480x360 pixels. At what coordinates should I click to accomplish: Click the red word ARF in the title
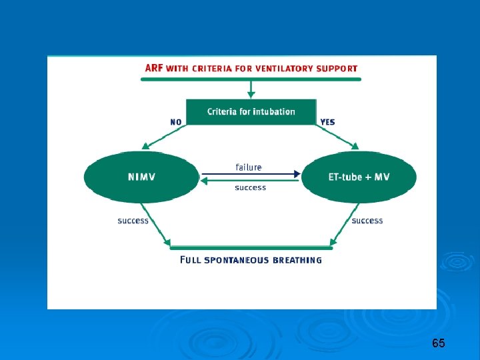point(154,67)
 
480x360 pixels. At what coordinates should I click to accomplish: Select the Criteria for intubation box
point(251,111)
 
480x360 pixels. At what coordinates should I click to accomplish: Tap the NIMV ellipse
point(141,177)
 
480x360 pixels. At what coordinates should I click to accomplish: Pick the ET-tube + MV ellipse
point(359,177)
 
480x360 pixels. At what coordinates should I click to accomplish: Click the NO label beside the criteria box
point(176,122)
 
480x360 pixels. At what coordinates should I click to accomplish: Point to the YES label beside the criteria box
point(327,122)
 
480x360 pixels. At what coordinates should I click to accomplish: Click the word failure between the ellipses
point(249,167)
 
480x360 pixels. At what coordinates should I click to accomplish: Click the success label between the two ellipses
point(250,188)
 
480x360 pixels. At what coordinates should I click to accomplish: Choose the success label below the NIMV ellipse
point(133,221)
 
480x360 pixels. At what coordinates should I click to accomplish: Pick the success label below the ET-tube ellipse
point(367,221)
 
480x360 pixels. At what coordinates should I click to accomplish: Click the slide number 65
point(438,343)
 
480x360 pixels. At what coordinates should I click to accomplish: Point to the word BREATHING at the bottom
point(295,260)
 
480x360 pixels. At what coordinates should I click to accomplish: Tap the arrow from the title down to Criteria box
point(251,89)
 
